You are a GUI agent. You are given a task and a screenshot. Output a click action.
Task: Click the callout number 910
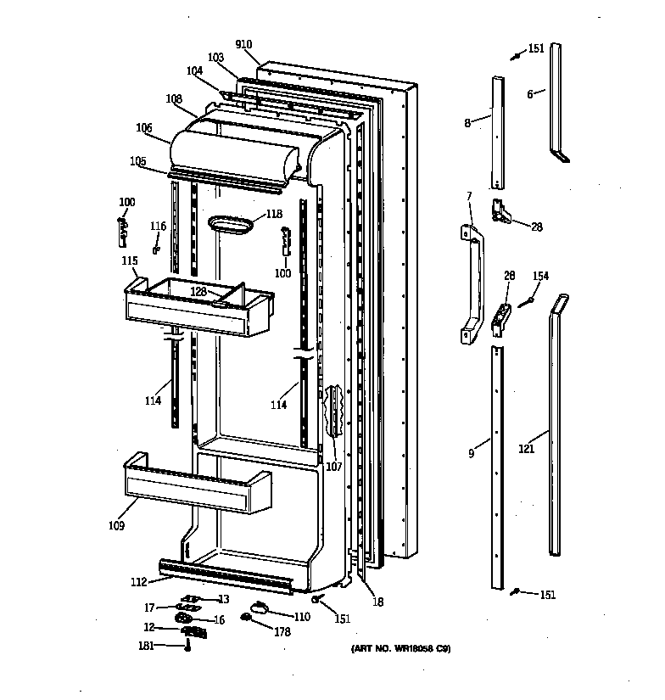pyautogui.click(x=243, y=44)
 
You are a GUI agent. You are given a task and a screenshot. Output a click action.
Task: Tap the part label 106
pyautogui.click(x=143, y=128)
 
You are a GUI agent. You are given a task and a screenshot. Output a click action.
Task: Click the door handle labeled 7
pyautogui.click(x=472, y=283)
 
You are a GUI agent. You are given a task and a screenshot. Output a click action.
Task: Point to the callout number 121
pyautogui.click(x=527, y=449)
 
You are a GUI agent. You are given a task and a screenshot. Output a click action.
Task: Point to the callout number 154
pyautogui.click(x=540, y=277)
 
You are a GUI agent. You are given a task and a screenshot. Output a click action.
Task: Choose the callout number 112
pyautogui.click(x=138, y=581)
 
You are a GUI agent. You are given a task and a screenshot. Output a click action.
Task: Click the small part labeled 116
pyautogui.click(x=156, y=249)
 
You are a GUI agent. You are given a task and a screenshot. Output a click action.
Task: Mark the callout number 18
pyautogui.click(x=378, y=602)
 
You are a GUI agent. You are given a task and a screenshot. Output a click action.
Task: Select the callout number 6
pyautogui.click(x=530, y=94)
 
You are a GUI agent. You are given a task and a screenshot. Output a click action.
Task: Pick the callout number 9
pyautogui.click(x=472, y=454)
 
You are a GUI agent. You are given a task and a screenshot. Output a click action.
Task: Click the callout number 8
pyautogui.click(x=467, y=123)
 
